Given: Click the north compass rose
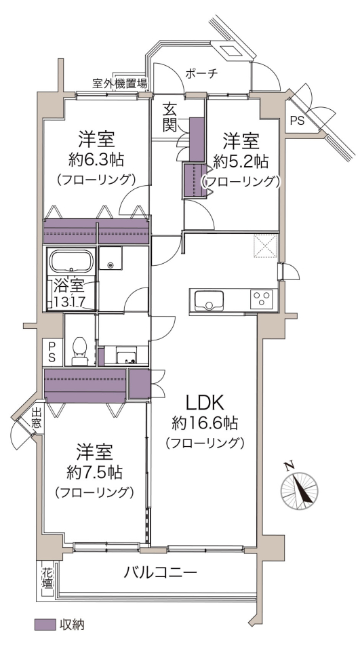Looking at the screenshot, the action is (300, 490).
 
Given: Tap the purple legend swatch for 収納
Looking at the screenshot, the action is (45, 625).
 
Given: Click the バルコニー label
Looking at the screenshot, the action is (160, 574).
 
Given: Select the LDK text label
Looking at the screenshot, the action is (205, 403).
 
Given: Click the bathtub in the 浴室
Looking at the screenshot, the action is (71, 261).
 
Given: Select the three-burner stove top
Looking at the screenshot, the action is (261, 299).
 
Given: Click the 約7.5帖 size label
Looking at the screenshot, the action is (94, 472).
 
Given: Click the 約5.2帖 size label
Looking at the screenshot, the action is (241, 161).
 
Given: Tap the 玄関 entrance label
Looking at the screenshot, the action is (169, 117).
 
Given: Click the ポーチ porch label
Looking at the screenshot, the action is (201, 74).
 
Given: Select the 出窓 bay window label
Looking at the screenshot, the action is (37, 418).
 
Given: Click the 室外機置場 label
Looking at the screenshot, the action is (119, 84).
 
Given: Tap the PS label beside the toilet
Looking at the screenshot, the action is (52, 352).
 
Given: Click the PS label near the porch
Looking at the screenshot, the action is (297, 121).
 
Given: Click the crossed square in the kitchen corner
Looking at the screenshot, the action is (265, 246).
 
